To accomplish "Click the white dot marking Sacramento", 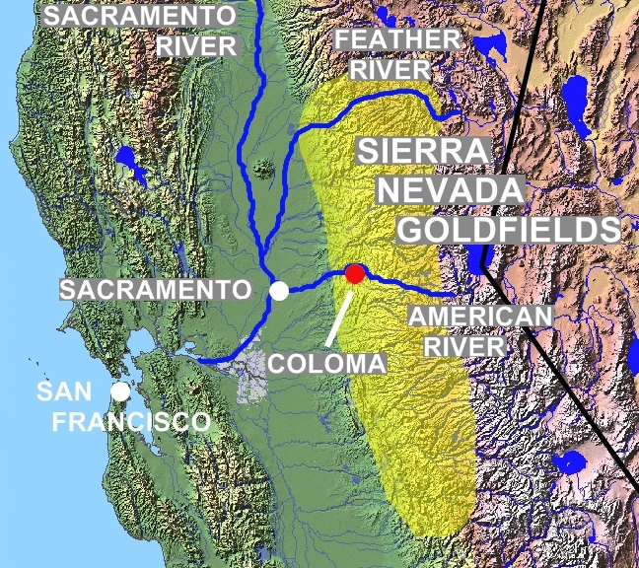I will coord(280,291).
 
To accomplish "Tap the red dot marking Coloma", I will coord(354,272).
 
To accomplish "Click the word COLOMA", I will coord(327,363).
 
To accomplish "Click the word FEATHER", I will coord(396,41).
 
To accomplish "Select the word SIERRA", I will coord(422,153).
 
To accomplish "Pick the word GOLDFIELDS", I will coord(507,230).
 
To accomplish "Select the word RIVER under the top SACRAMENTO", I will coord(198,46).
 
